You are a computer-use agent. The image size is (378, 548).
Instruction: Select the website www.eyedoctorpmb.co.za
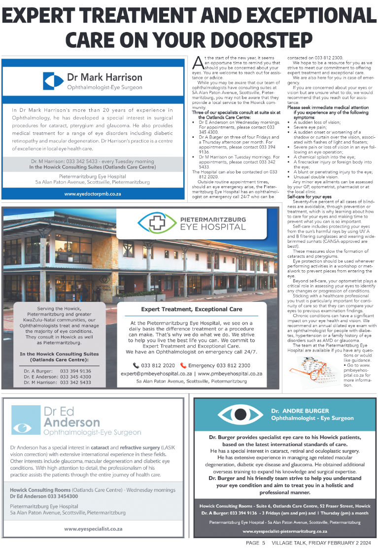(x=93, y=194)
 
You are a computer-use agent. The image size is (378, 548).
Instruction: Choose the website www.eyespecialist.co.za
(x=93, y=529)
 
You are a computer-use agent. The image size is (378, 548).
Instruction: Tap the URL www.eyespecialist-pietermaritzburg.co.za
(x=285, y=532)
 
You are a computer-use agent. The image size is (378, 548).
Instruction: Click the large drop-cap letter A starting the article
(x=197, y=63)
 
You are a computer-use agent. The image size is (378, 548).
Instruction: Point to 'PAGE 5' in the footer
(x=256, y=543)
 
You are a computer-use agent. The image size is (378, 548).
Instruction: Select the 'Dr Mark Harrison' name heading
(x=104, y=77)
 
